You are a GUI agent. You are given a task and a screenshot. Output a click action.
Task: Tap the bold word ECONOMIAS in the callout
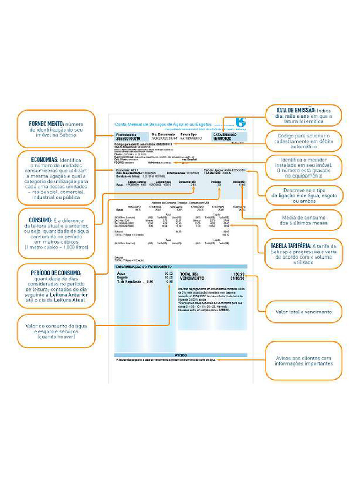45,160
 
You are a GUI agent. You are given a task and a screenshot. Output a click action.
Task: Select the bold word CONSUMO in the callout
43,220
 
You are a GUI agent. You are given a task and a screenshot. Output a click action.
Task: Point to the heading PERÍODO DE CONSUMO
56,273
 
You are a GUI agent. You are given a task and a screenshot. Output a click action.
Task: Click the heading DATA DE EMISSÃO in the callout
297,110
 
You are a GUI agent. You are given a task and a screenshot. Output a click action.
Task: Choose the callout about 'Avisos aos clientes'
303,361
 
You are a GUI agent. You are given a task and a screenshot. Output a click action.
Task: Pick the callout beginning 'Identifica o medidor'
304,168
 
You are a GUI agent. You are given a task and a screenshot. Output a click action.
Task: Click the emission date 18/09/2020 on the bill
222,139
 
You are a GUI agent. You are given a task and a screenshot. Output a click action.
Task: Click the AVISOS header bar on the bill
181,355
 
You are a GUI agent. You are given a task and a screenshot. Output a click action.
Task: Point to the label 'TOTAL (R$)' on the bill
189,274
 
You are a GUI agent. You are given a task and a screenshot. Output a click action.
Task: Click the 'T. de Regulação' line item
129,282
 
